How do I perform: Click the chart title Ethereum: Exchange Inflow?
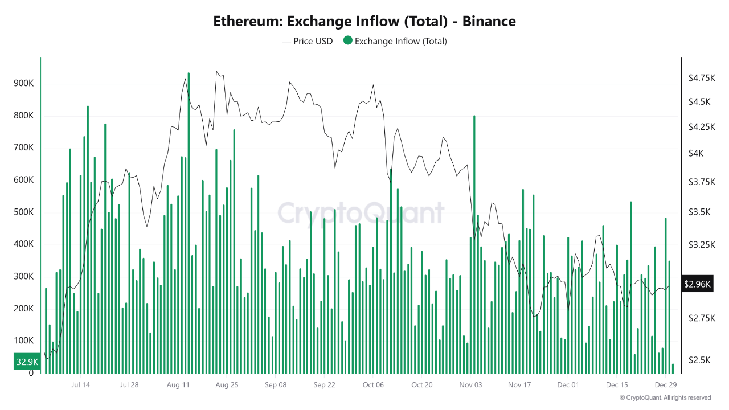coord(364,22)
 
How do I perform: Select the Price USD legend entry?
coord(307,41)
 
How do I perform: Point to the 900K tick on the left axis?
coord(24,84)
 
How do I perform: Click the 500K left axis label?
coord(24,212)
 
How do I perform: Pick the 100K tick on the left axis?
coord(24,341)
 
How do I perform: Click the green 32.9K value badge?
coord(27,362)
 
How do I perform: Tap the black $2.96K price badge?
coord(697,284)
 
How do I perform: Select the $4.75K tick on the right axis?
coord(702,77)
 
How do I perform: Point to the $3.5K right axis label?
coord(699,212)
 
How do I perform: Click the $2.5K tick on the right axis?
coord(699,360)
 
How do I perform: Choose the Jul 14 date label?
coord(80,384)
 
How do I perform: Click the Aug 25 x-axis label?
coord(227,384)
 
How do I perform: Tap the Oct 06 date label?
coord(373,384)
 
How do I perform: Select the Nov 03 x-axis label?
coord(470,384)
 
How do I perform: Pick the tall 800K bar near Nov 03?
coord(474,245)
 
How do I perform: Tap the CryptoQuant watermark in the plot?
coord(361,214)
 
